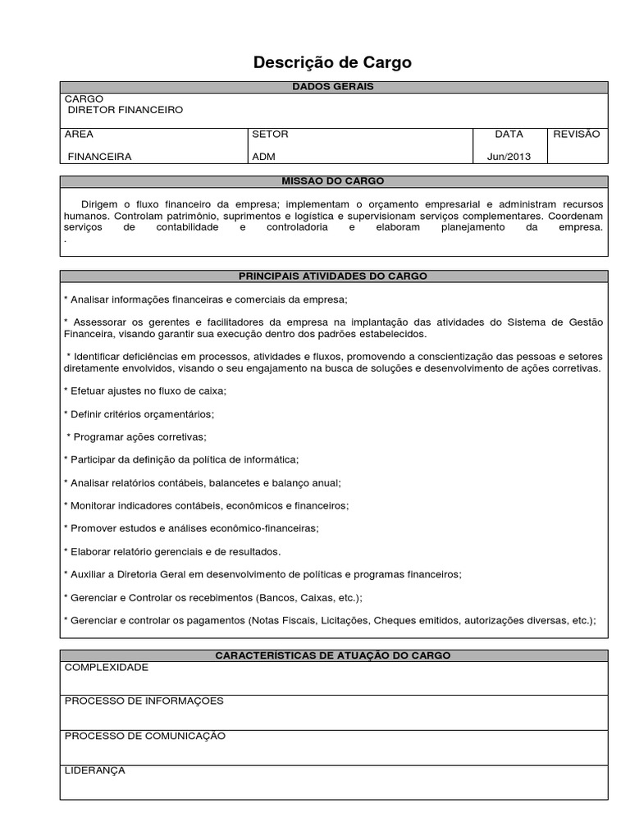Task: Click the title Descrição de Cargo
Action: [332, 62]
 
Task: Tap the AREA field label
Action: [79, 134]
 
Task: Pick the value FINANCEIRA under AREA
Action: [98, 156]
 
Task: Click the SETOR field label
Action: [270, 134]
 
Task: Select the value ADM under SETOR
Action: [263, 156]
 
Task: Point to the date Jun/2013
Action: [509, 156]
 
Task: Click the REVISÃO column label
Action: [577, 134]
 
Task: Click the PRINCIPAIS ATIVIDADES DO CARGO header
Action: [332, 276]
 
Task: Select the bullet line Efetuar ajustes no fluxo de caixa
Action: [144, 391]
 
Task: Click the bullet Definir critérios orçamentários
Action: [139, 413]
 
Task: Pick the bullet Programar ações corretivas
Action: [136, 436]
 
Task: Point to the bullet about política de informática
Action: [181, 459]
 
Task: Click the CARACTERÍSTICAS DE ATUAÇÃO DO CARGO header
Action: [332, 655]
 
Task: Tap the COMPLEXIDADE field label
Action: [107, 668]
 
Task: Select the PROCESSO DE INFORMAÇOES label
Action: [144, 701]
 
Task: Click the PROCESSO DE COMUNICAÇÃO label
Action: [144, 736]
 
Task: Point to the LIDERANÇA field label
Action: [94, 770]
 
